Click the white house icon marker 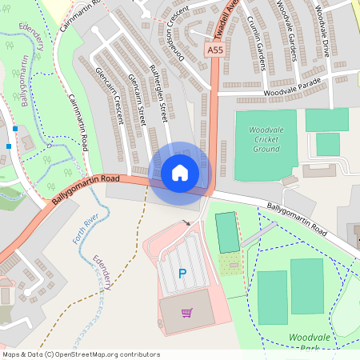click(x=180, y=171)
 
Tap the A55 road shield click(x=214, y=50)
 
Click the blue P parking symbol click(x=182, y=274)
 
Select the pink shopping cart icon click(x=186, y=312)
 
